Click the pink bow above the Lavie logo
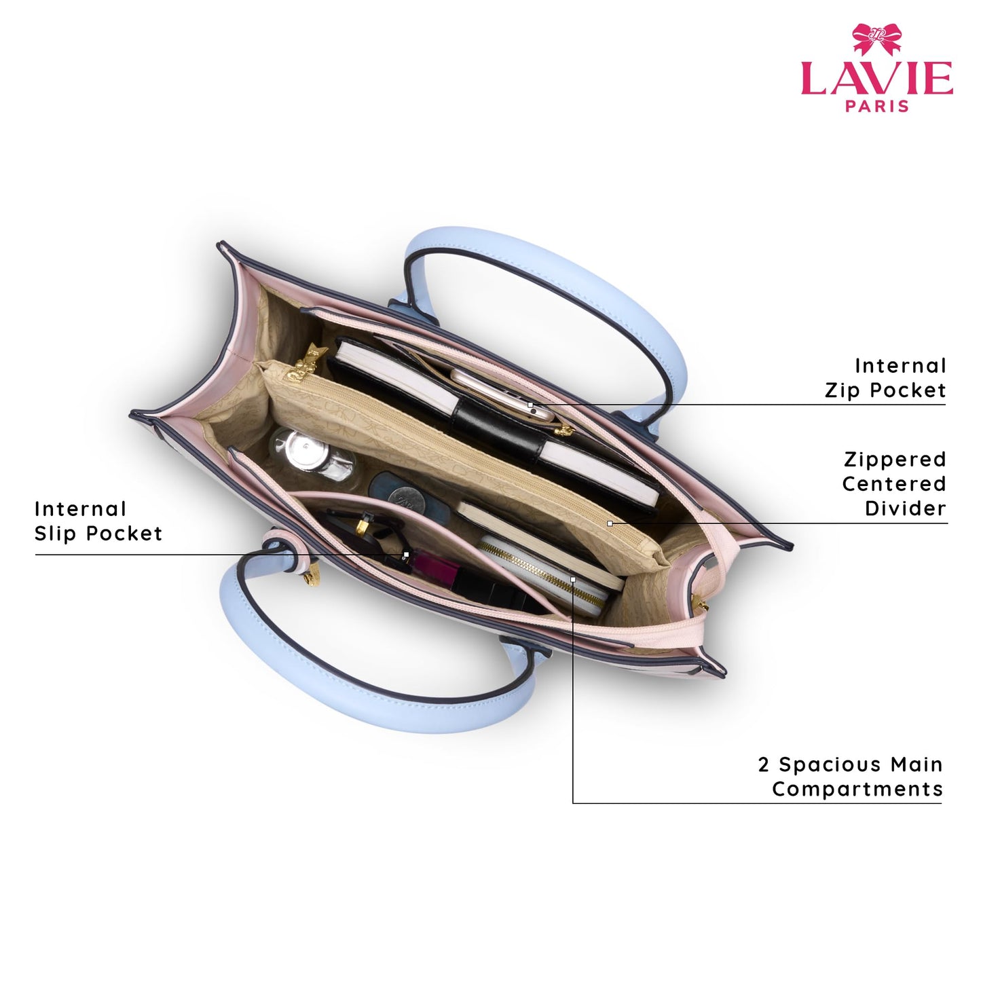tap(876, 39)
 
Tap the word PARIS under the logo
tap(876, 106)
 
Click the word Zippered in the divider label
tap(895, 459)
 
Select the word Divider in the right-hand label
tap(905, 508)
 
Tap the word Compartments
tap(857, 789)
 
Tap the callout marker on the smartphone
tap(530, 405)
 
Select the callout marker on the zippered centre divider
tap(610, 523)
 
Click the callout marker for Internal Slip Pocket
tap(406, 554)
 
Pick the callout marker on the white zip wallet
tap(573, 579)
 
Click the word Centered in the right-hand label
tap(895, 483)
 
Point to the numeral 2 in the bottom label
tap(763, 764)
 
